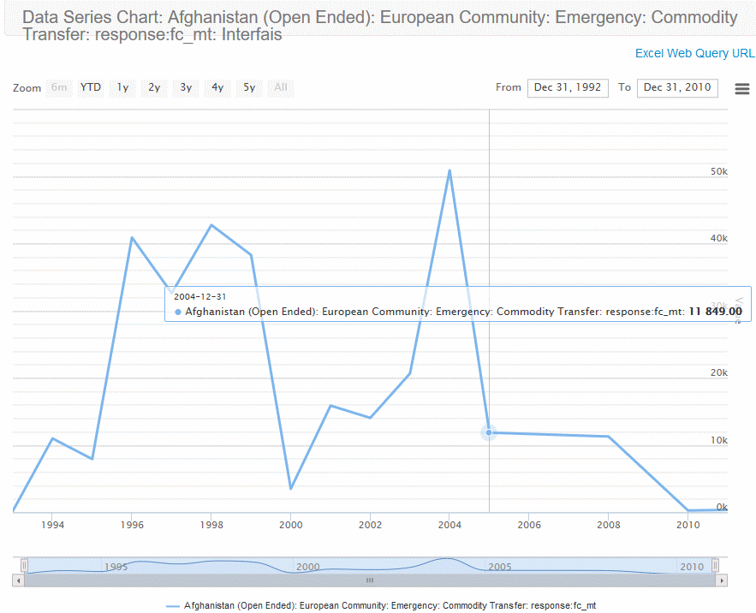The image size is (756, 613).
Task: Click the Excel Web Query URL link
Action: tap(694, 53)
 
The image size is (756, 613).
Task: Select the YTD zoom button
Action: tap(91, 87)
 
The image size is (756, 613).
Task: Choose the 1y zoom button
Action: tap(123, 87)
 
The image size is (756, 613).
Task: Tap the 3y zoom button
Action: tap(186, 87)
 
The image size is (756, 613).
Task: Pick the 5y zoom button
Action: tap(249, 87)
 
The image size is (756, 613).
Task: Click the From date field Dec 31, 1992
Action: tap(568, 87)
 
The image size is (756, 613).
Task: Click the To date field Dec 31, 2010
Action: tap(677, 87)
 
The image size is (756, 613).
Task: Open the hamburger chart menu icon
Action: tap(742, 89)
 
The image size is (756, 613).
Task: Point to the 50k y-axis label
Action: tap(719, 171)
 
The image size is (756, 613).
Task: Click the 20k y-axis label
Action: tap(719, 373)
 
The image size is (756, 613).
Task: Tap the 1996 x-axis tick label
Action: tap(132, 525)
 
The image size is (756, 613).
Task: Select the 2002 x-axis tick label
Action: tap(370, 525)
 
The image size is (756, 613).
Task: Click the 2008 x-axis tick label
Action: tap(608, 525)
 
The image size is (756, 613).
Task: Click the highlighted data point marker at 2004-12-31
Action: tap(489, 432)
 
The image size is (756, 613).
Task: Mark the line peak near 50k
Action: tap(449, 170)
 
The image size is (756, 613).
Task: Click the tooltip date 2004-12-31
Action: tap(200, 296)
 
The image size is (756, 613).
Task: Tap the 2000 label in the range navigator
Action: tap(308, 567)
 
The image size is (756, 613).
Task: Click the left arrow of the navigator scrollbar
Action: tap(18, 580)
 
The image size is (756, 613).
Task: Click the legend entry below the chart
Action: tap(381, 605)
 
